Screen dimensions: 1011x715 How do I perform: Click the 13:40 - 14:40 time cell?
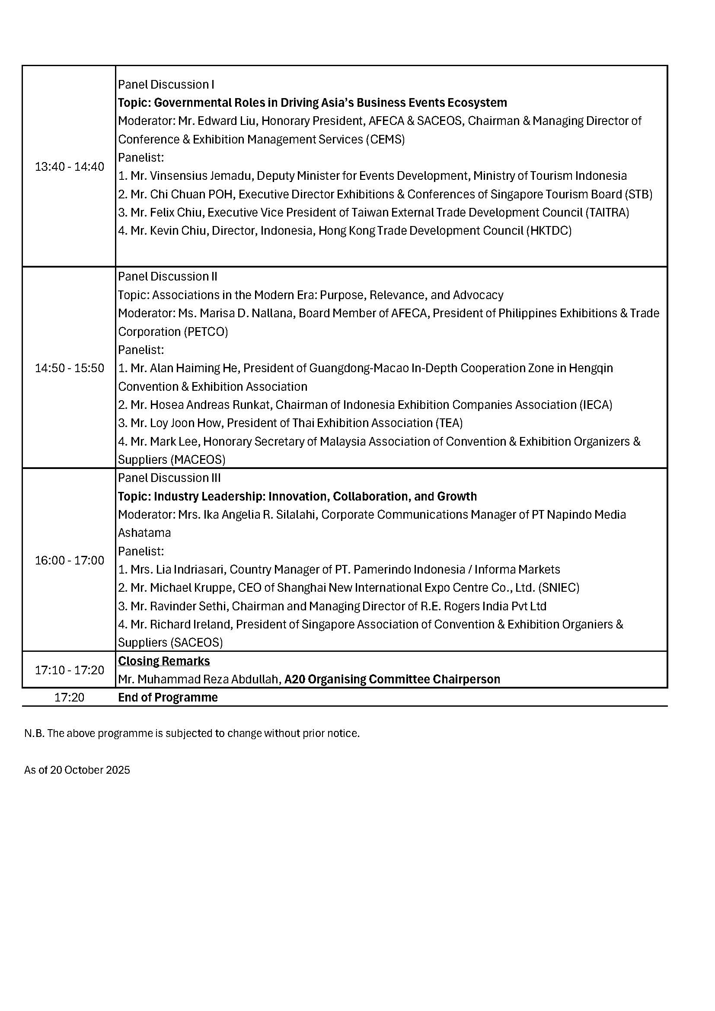(x=70, y=166)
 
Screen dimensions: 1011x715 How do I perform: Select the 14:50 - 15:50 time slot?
(x=70, y=368)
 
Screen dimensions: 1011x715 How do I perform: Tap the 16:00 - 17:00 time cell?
(x=70, y=560)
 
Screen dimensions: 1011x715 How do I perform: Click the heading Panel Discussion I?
(x=166, y=84)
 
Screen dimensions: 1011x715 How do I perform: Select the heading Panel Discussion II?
(x=168, y=276)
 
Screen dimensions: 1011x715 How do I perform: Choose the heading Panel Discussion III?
(x=169, y=478)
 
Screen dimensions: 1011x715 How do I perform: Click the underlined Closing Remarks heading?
(x=164, y=661)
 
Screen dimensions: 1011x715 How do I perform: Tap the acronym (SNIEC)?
(x=559, y=587)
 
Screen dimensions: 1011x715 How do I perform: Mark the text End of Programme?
(x=168, y=698)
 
